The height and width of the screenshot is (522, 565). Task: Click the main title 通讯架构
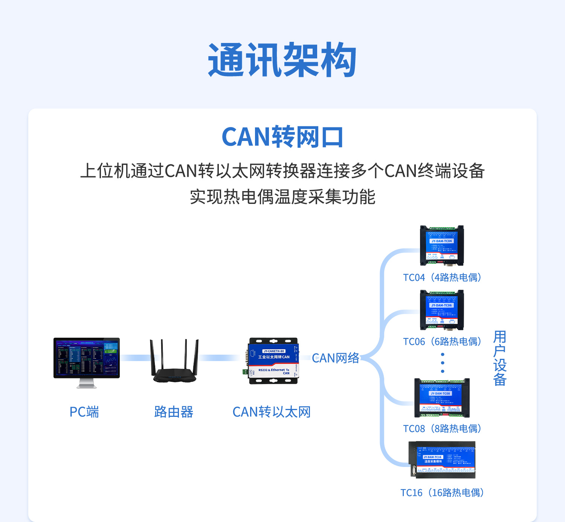282,60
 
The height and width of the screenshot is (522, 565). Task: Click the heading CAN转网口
282,137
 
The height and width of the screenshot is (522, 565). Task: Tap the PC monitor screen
87,358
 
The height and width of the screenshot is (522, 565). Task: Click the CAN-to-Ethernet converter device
273,361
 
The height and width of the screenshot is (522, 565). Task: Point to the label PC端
84,412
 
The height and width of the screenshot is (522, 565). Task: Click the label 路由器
174,412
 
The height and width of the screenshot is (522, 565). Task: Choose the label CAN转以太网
271,412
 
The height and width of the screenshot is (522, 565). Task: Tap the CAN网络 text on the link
335,358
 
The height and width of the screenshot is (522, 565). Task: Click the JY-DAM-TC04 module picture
442,245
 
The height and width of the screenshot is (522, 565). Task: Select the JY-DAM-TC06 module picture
442,310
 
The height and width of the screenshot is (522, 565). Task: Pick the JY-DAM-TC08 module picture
442,398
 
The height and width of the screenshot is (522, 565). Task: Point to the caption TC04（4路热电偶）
442,277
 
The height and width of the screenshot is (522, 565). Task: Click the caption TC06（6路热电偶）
442,341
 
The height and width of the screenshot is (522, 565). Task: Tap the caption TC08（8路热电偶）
442,429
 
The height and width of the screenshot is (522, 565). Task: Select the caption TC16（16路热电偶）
442,493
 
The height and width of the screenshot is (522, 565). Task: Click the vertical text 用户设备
499,358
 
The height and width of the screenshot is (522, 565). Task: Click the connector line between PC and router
135,358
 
